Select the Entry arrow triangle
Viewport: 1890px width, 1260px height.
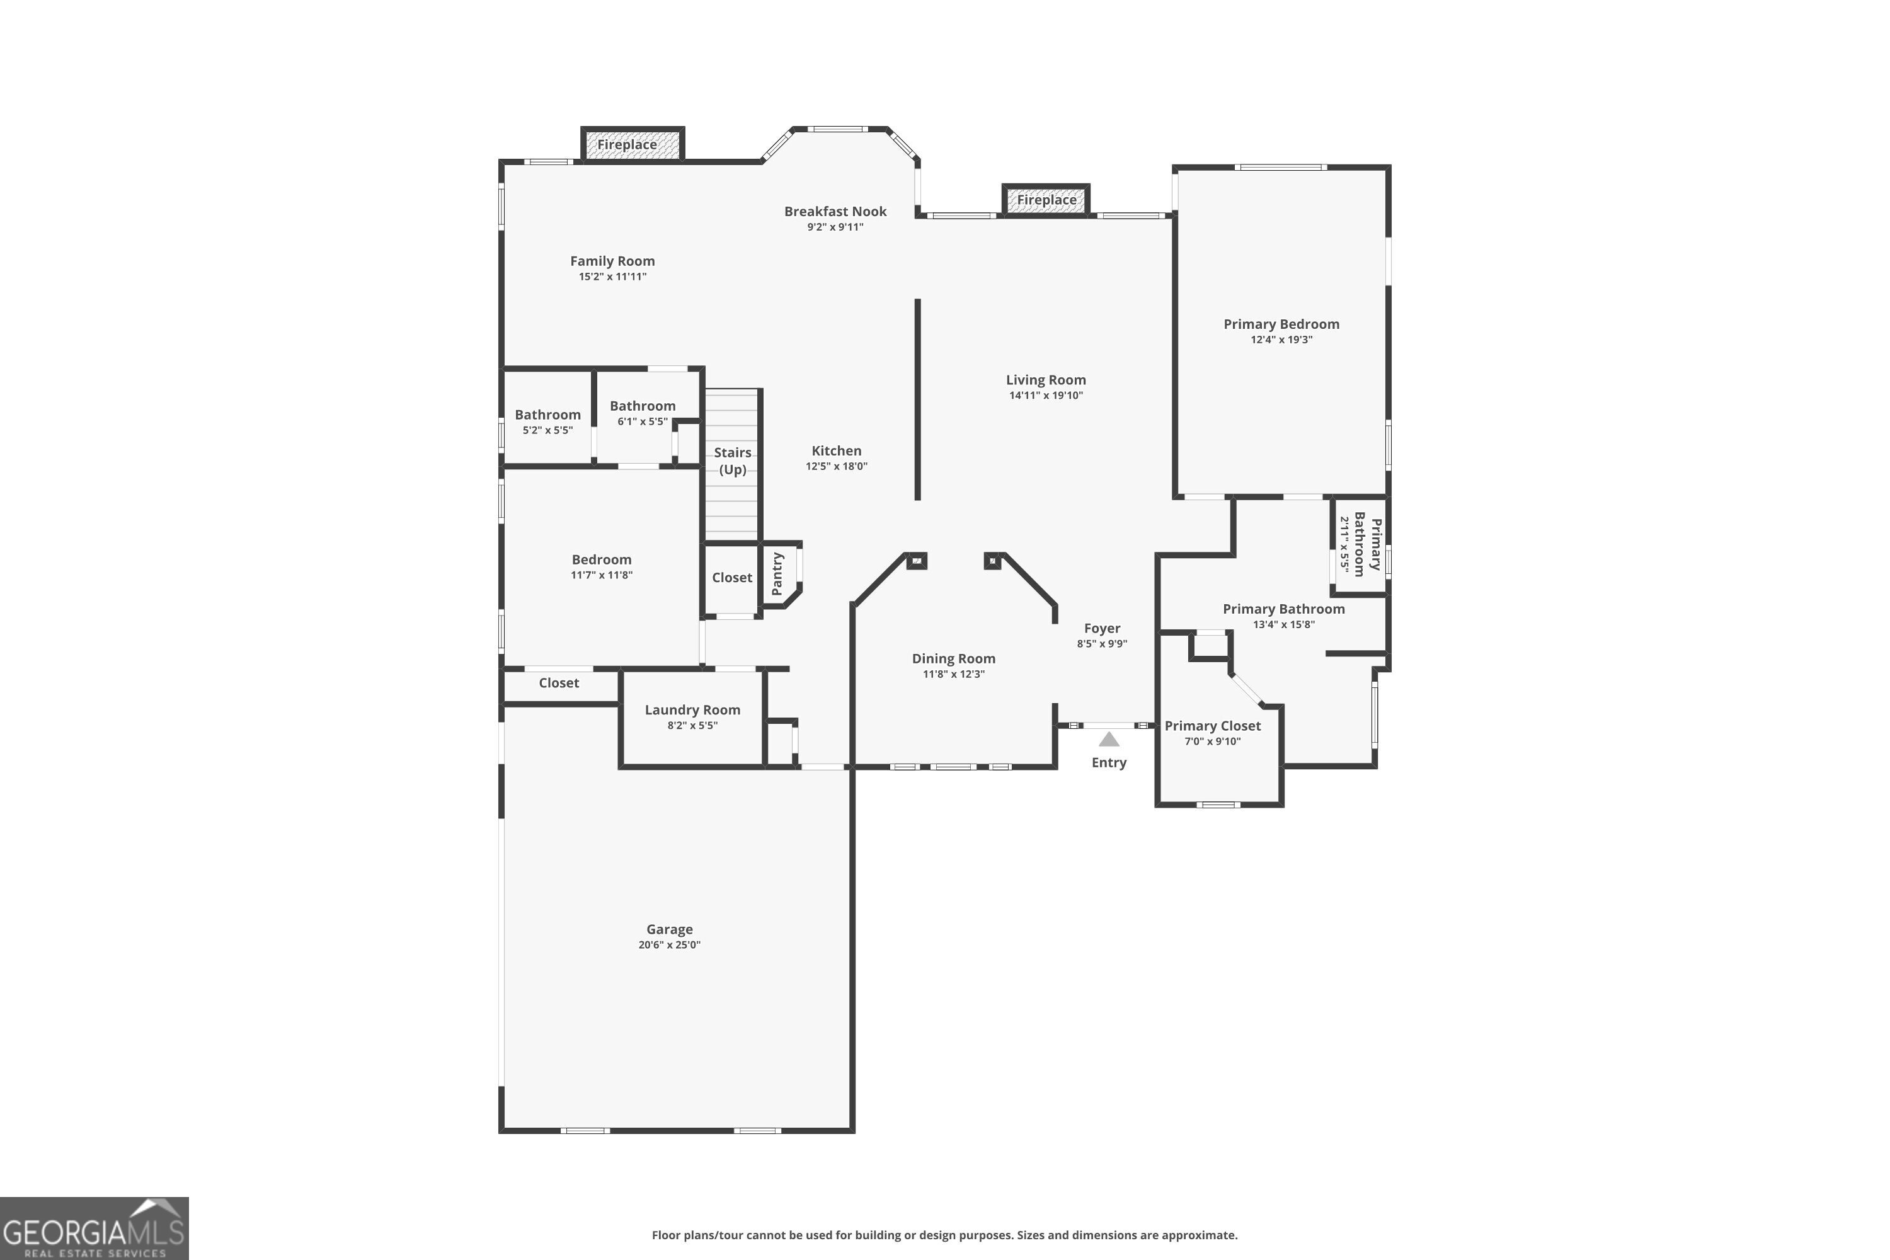pos(1109,739)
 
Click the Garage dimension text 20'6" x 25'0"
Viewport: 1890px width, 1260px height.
pos(669,944)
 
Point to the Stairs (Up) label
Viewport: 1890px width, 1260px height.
pos(732,461)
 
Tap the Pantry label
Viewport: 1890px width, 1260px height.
pos(777,574)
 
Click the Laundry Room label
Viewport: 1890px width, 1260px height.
pos(692,709)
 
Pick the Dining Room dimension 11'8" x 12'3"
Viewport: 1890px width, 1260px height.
pos(953,673)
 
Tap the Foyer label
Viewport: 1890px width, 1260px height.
pos(1102,628)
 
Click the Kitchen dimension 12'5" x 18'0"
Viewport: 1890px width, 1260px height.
pos(836,466)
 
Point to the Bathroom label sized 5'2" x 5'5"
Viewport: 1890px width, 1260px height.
pos(547,415)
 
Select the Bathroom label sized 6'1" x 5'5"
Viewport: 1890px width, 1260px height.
pos(642,406)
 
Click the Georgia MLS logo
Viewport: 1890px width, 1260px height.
pos(94,1228)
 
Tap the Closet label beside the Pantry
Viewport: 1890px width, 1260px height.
pos(731,577)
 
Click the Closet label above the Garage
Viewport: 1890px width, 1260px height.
pos(558,683)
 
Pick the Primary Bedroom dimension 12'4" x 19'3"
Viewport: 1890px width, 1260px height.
pos(1281,339)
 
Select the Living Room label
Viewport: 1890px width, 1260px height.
pos(1045,380)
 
